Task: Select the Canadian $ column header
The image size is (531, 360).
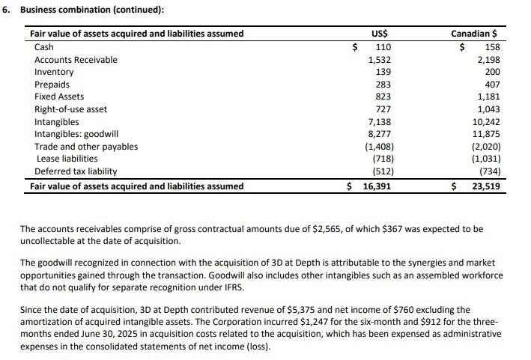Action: click(475, 34)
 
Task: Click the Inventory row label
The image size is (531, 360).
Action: click(54, 72)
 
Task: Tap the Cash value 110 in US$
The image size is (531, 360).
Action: click(383, 47)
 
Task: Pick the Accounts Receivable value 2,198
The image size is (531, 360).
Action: click(488, 60)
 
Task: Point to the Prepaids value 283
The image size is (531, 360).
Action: click(383, 85)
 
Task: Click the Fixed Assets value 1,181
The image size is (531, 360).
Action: click(488, 97)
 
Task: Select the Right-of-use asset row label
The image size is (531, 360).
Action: click(70, 109)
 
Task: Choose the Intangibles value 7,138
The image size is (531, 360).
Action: click(381, 122)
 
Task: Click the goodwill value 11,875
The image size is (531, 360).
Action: click(486, 135)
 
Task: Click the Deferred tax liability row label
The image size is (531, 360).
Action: click(76, 171)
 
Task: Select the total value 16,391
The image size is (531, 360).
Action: click(377, 186)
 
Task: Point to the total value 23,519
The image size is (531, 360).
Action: click(486, 186)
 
